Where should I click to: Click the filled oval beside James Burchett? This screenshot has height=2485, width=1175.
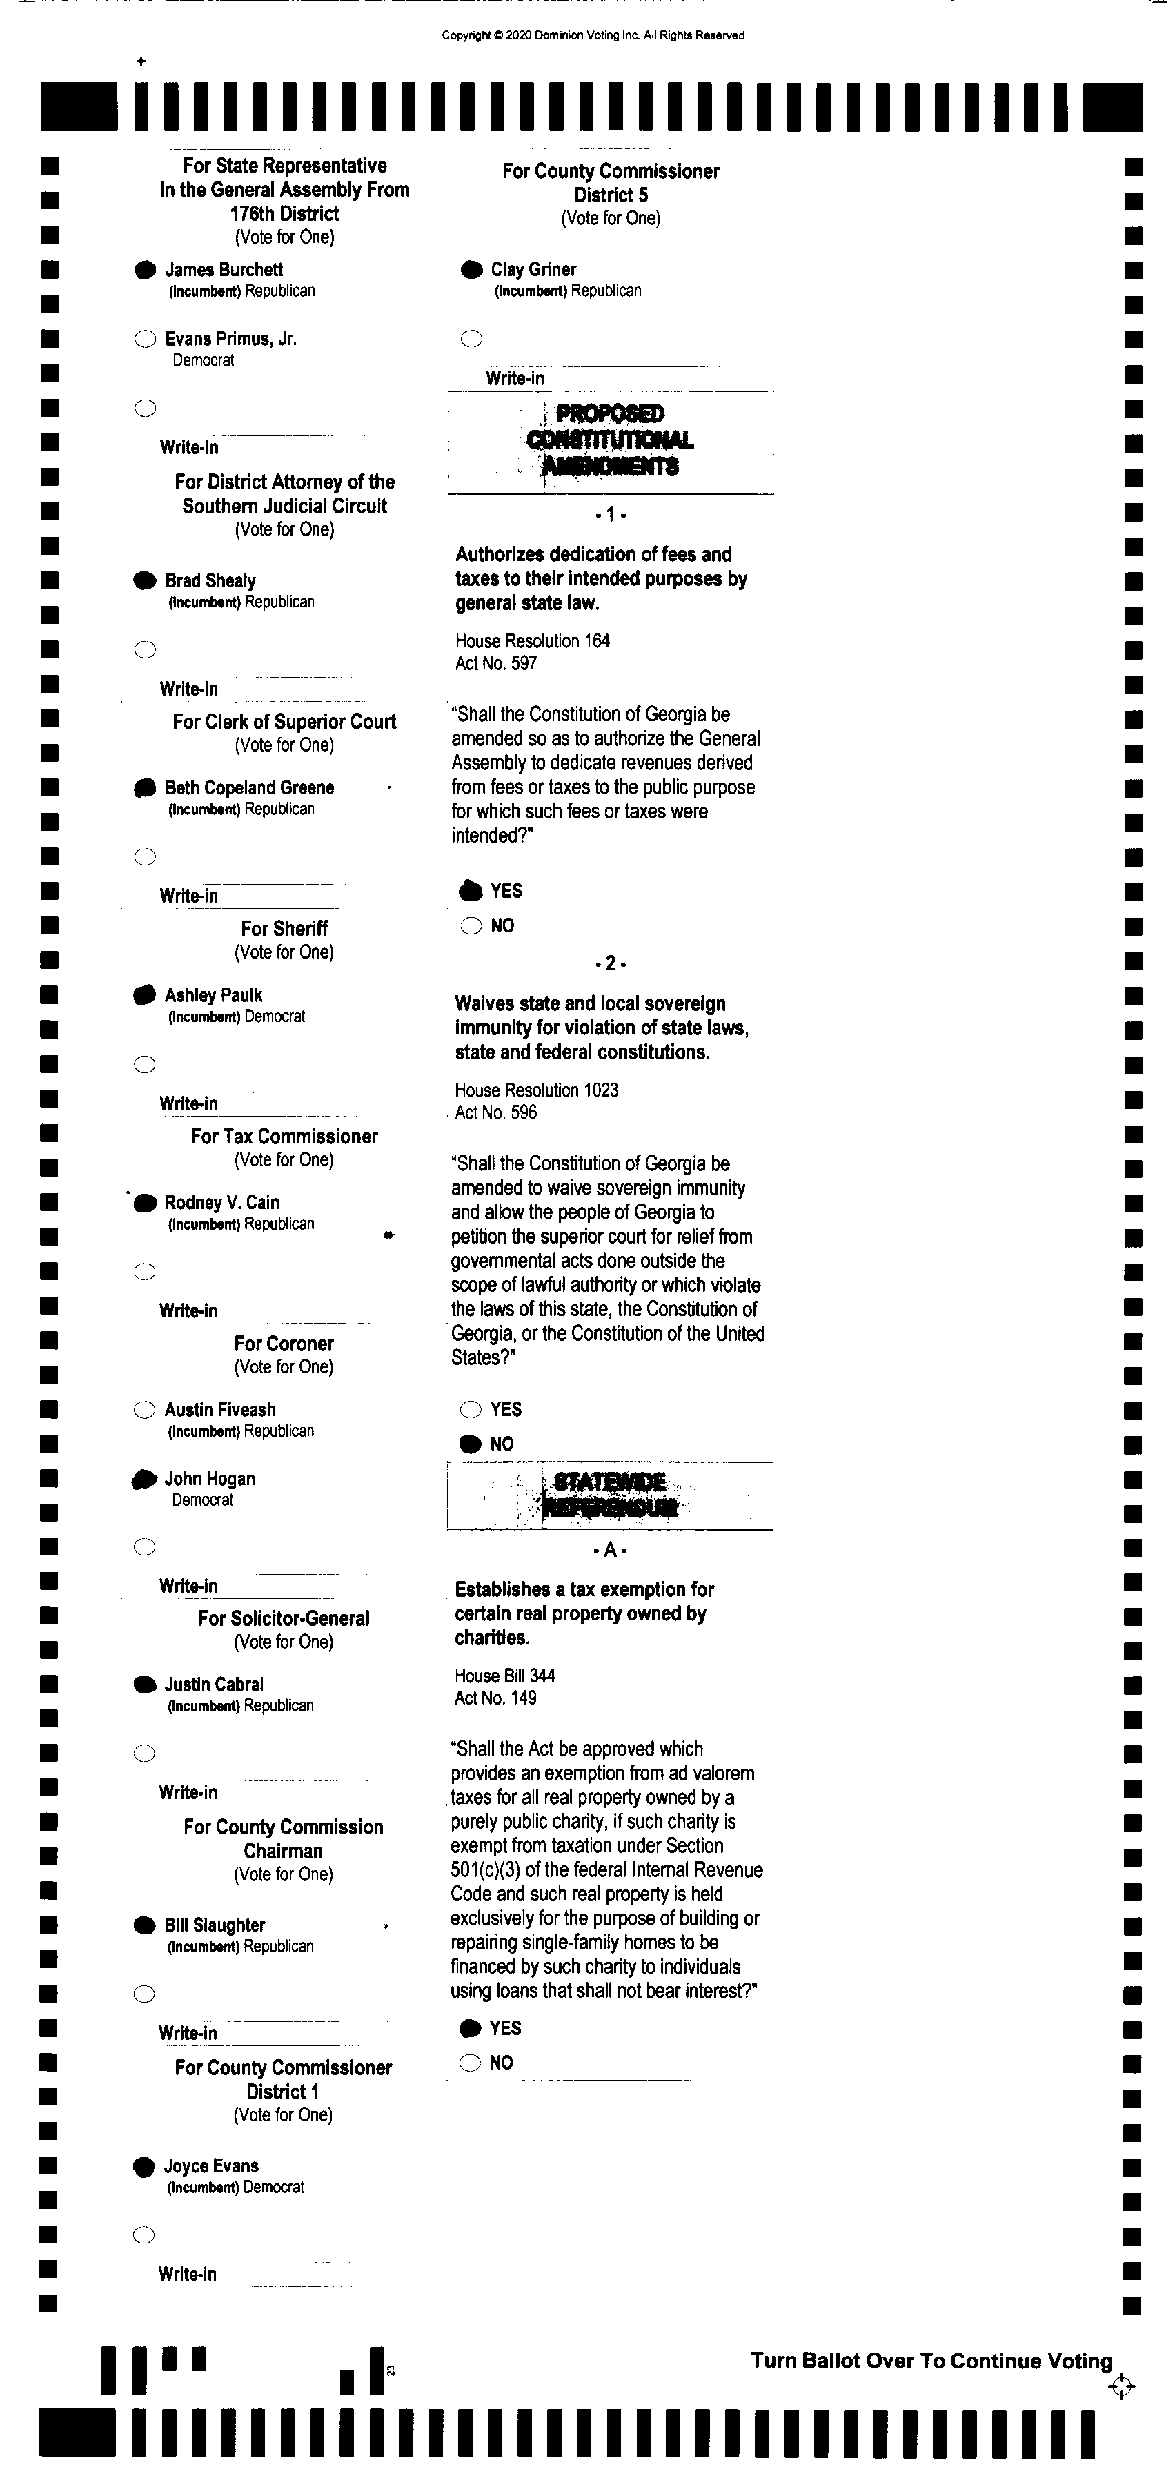tap(145, 270)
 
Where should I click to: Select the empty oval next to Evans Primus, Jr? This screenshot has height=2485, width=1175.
tap(145, 339)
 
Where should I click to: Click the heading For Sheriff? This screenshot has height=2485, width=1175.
tap(284, 928)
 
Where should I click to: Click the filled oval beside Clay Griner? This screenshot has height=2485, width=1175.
tap(471, 270)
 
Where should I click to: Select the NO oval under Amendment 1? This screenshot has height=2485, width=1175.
tap(470, 926)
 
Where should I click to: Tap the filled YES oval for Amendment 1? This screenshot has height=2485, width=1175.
tap(470, 890)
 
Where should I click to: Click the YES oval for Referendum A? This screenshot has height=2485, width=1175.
tap(470, 2027)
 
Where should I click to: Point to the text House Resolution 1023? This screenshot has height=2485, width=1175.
tap(536, 1090)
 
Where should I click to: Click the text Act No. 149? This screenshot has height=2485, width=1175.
tap(495, 1698)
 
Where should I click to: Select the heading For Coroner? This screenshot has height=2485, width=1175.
tap(284, 1344)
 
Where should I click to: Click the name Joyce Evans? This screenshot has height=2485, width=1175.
tap(210, 2165)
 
